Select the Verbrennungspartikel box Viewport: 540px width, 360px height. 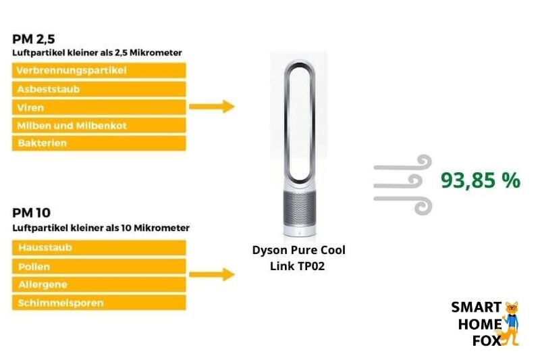click(99, 70)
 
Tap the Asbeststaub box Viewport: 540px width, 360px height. click(99, 88)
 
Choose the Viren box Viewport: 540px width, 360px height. click(99, 107)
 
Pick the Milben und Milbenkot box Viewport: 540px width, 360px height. click(99, 125)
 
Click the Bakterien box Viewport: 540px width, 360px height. click(99, 143)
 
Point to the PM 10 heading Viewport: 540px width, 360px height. click(30, 213)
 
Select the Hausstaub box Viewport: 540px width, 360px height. click(99, 248)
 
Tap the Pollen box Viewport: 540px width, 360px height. click(99, 266)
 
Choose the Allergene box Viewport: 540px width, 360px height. click(99, 284)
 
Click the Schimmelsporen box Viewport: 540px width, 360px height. click(99, 303)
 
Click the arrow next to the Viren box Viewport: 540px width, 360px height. click(211, 107)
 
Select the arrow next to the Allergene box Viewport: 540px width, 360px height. click(211, 275)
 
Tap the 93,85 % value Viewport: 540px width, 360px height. click(480, 180)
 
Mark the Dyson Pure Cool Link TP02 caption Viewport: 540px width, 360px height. click(298, 258)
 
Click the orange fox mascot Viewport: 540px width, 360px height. click(511, 323)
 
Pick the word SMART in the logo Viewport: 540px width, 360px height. click(476, 308)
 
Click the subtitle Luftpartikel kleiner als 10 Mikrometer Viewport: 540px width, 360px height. click(101, 228)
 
